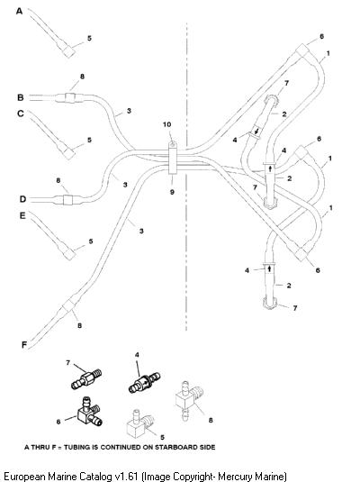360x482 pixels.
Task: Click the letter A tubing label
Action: click(19, 12)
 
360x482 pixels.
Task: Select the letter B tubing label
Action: click(21, 97)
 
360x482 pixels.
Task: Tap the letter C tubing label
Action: click(21, 114)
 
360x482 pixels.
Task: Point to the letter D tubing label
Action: click(22, 199)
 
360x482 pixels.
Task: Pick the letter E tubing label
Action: click(22, 215)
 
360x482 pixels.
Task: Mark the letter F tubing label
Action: click(24, 345)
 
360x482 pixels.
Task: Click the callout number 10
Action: click(166, 124)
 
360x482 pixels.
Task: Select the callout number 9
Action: click(172, 192)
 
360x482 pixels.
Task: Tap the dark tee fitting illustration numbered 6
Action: click(89, 413)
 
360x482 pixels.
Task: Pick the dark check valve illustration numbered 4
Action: click(144, 383)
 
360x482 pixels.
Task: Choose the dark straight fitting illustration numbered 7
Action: click(86, 378)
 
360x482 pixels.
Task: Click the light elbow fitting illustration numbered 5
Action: click(140, 423)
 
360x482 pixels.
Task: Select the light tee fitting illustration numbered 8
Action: click(189, 400)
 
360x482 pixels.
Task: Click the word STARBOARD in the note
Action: click(169, 447)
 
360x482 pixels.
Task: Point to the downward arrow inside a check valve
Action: click(256, 132)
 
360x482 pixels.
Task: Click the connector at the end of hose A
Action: click(68, 51)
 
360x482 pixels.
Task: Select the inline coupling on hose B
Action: click(70, 97)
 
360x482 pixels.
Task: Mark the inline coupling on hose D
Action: click(67, 200)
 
